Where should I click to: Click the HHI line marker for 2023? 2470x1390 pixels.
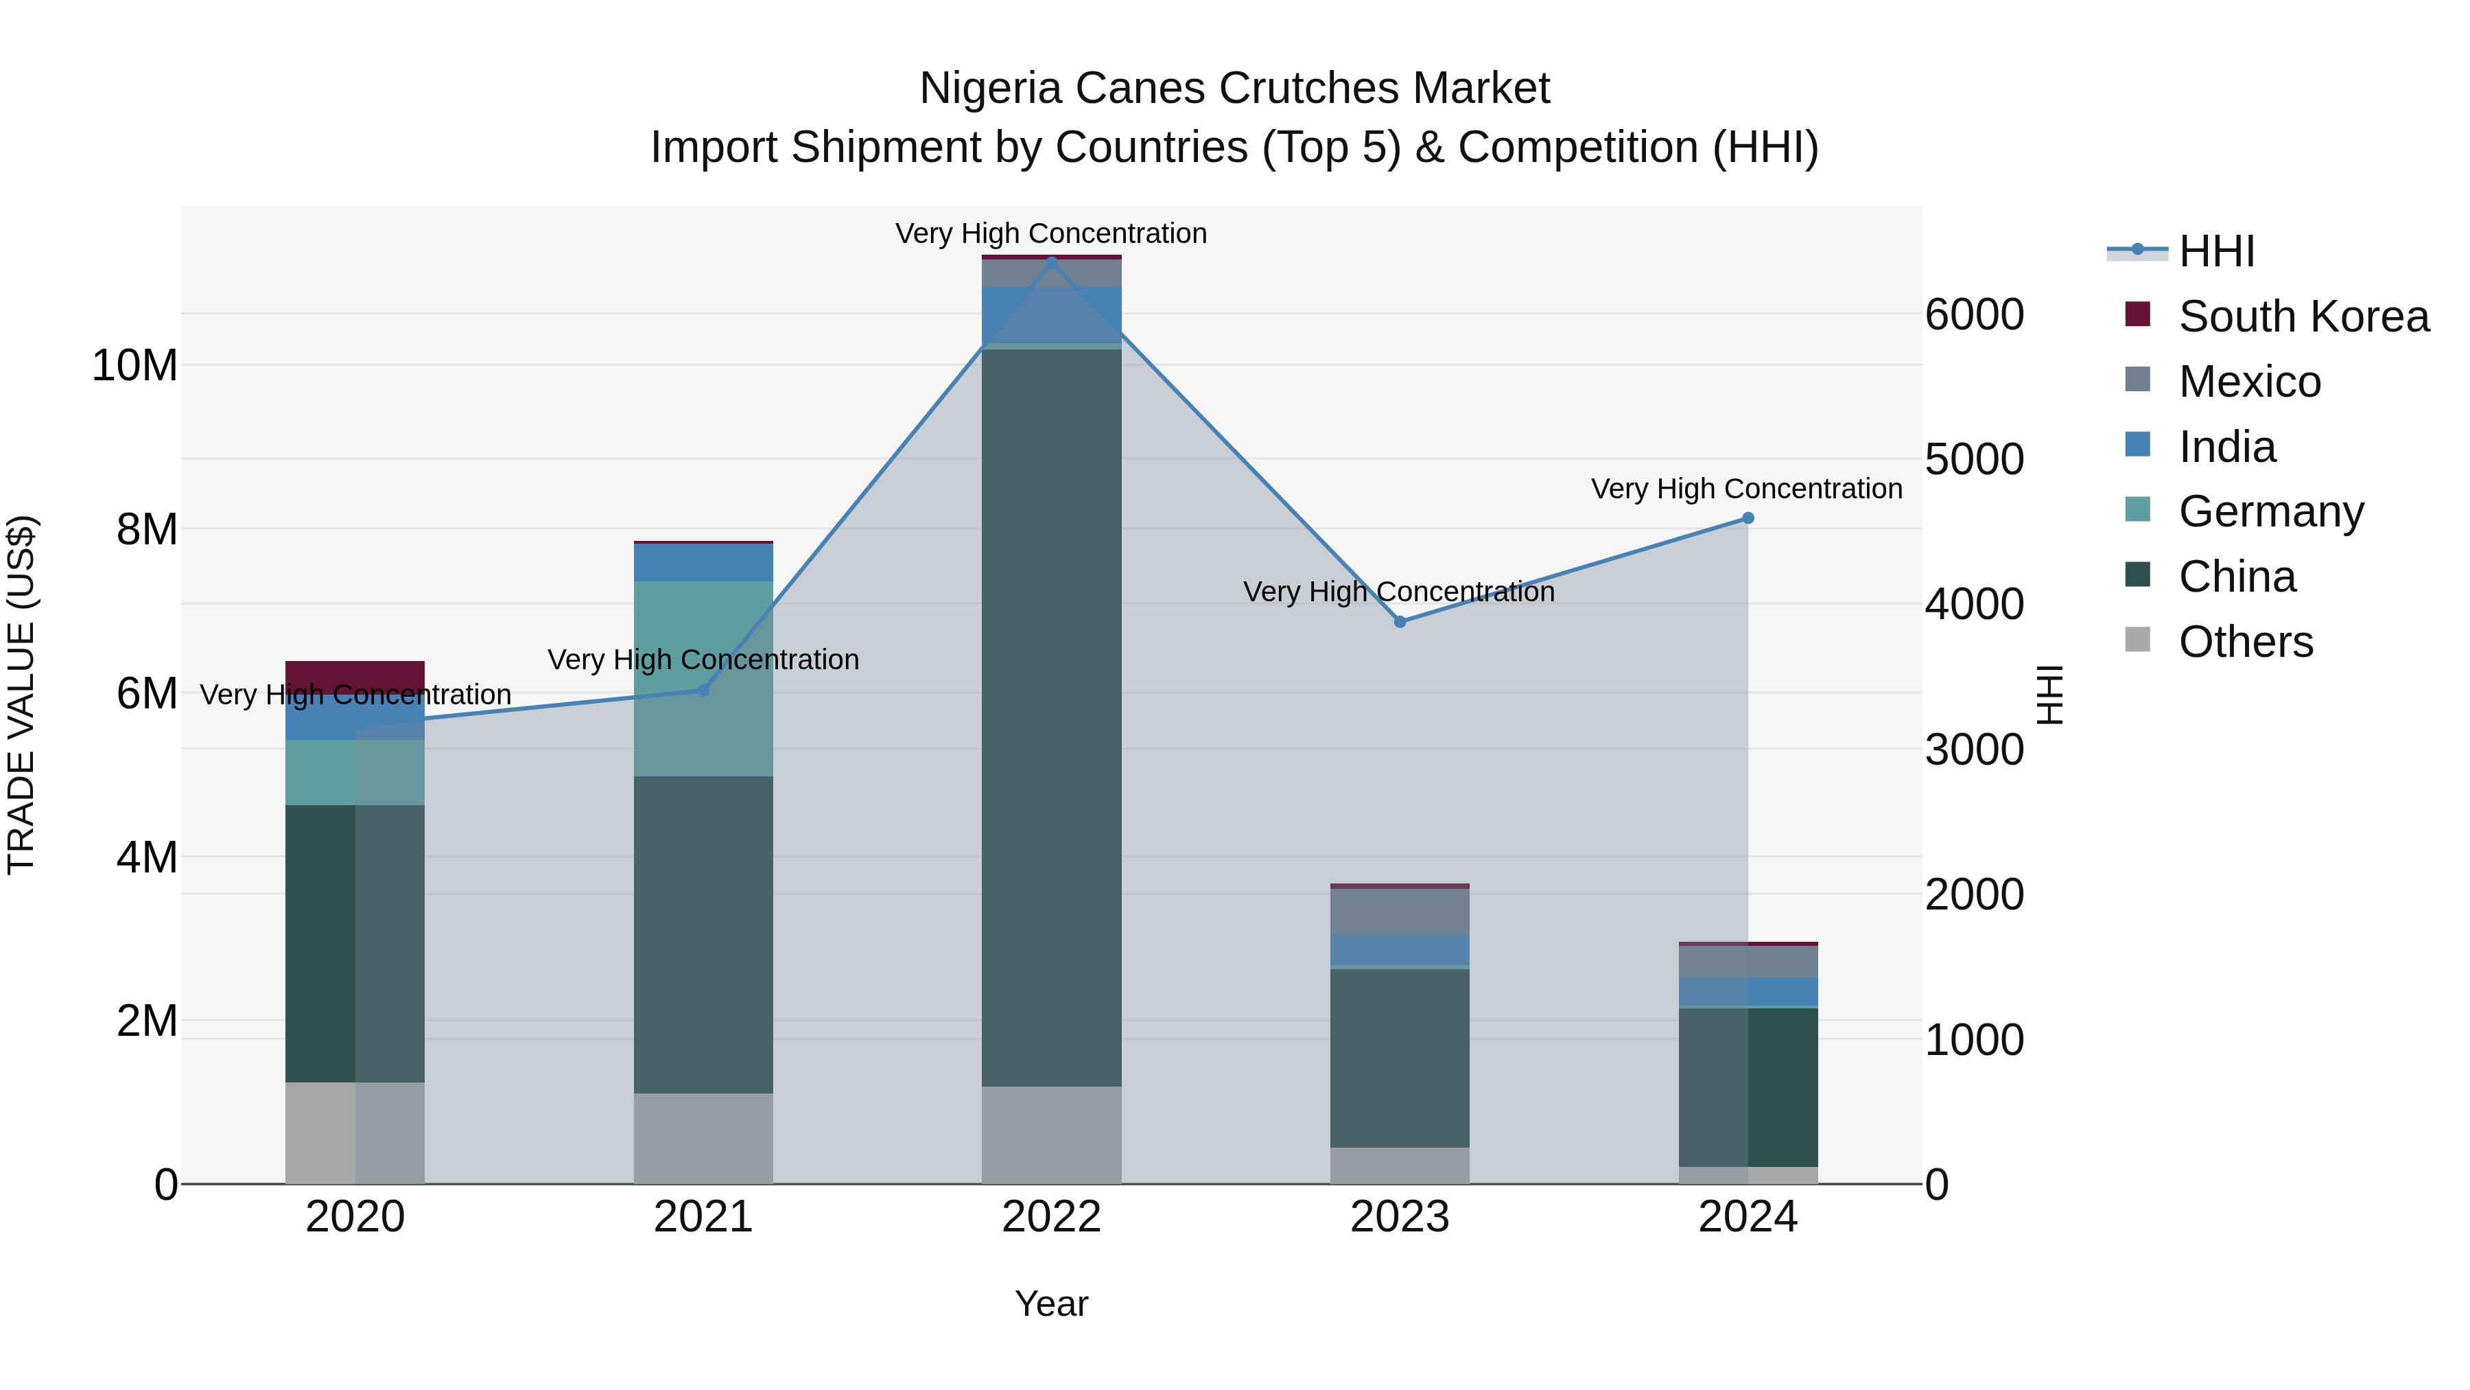[x=1400, y=622]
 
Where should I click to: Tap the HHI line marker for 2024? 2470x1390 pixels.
[x=1748, y=518]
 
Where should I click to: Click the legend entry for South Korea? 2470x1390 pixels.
[x=2303, y=316]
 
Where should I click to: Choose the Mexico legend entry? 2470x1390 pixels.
[x=2250, y=382]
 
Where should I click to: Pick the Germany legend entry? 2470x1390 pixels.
[x=2270, y=511]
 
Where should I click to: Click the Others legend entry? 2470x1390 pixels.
[x=2246, y=642]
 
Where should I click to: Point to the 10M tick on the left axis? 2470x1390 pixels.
[x=134, y=365]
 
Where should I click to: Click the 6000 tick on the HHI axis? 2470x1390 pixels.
[x=1974, y=314]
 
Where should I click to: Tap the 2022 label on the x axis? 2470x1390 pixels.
[x=1052, y=1217]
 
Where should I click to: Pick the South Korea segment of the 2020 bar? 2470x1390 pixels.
[x=355, y=675]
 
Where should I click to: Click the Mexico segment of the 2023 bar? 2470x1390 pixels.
[x=1400, y=912]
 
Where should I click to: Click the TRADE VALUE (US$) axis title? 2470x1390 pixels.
[x=21, y=695]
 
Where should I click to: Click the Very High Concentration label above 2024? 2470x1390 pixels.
[x=1747, y=489]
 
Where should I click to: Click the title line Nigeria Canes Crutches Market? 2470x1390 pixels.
[x=1234, y=89]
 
